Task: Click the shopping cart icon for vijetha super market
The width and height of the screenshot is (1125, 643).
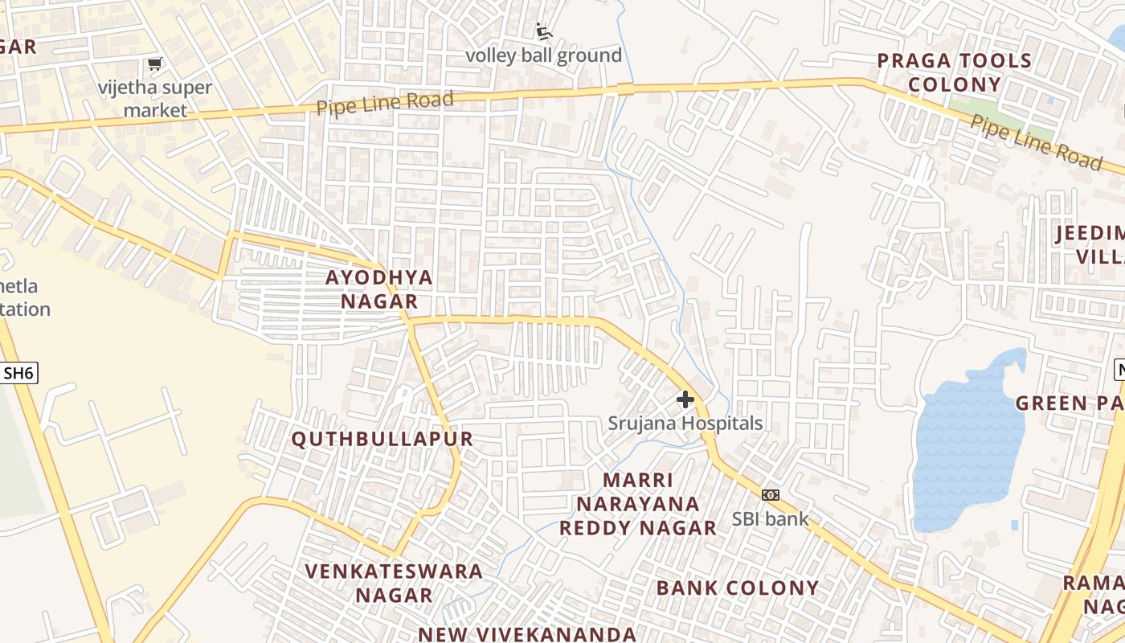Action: coord(154,63)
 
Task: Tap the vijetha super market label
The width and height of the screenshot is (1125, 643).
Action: coord(155,99)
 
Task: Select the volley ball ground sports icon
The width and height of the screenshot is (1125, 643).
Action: coord(544,31)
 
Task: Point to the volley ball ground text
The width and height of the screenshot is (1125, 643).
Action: coord(544,55)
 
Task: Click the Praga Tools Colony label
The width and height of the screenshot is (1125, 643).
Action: coord(954,72)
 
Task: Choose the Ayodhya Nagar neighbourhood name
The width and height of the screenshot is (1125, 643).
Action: coord(379,289)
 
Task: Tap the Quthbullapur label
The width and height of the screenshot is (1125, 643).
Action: coord(382,439)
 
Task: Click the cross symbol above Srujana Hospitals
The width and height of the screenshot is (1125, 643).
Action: coord(685,399)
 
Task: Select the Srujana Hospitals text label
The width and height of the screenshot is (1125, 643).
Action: coord(685,423)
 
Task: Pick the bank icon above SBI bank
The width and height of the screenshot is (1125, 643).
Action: coord(771,495)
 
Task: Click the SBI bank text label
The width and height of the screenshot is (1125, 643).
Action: coord(771,518)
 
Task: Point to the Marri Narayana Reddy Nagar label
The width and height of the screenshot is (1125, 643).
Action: coord(638,504)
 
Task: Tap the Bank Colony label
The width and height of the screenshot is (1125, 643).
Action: coord(738,588)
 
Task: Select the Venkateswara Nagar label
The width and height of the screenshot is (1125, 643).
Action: coord(394,584)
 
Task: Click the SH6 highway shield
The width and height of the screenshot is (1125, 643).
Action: coord(19,373)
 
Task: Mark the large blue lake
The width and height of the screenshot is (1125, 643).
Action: coord(968,442)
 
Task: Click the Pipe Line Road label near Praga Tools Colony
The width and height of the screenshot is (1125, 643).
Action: coord(1037,142)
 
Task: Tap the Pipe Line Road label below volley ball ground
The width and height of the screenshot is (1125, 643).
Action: coord(385,103)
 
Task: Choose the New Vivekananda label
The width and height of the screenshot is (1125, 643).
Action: coord(527,633)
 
